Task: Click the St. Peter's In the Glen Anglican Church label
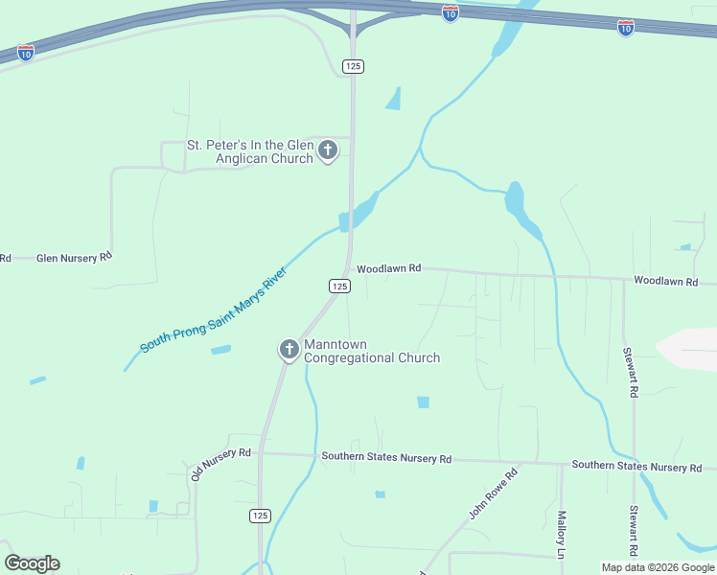click(x=249, y=151)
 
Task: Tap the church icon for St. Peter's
click(x=328, y=150)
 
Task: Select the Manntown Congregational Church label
click(x=372, y=351)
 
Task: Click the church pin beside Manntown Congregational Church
click(x=289, y=350)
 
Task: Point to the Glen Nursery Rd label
click(x=74, y=258)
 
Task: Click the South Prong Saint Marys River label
click(x=214, y=310)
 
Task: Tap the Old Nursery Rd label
click(x=220, y=463)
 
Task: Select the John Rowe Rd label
click(x=493, y=494)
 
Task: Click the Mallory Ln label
click(x=562, y=534)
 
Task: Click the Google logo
click(x=32, y=563)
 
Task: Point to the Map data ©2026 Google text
click(x=659, y=567)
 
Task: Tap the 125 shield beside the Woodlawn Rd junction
click(x=338, y=286)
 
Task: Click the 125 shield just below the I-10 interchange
click(x=353, y=66)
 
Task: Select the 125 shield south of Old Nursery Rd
click(x=260, y=516)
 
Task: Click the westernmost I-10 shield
click(x=26, y=52)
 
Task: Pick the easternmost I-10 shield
click(x=625, y=28)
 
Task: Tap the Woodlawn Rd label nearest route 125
click(x=388, y=269)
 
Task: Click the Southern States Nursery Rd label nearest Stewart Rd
click(x=636, y=466)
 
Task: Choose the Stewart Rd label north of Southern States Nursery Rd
click(x=633, y=373)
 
